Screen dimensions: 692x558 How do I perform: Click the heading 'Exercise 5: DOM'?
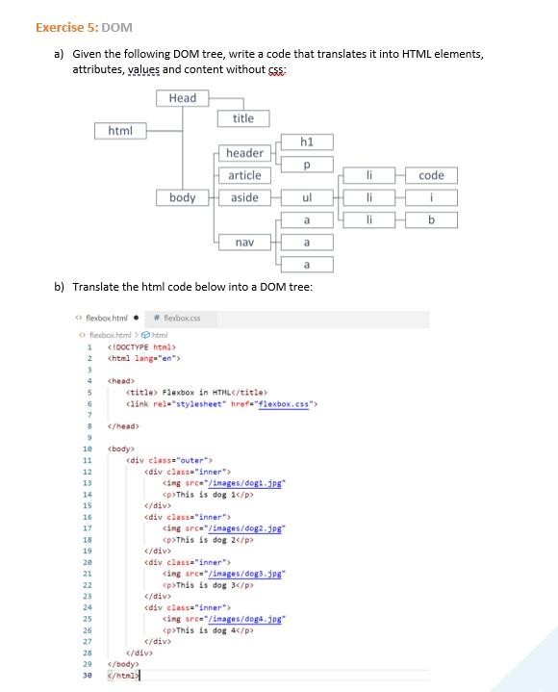point(84,27)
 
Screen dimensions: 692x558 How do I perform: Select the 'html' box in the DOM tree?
point(120,130)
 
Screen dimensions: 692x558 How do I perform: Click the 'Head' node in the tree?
point(182,98)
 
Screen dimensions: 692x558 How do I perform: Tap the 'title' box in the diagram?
point(243,118)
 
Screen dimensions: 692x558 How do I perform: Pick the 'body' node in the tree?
point(182,197)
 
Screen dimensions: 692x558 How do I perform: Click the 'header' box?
point(244,153)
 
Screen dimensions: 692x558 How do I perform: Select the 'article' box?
point(244,175)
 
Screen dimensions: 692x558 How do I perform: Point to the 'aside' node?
point(244,197)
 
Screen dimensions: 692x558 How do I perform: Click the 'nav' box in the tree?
point(244,243)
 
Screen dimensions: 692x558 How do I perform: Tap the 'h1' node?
point(307,142)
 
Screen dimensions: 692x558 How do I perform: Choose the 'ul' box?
point(307,197)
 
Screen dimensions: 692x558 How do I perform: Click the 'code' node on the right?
point(431,175)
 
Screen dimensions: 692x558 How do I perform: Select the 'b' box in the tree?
point(431,219)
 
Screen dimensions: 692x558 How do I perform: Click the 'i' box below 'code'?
point(431,197)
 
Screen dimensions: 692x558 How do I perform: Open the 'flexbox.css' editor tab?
point(179,318)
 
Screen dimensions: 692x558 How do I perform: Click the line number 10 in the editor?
point(88,449)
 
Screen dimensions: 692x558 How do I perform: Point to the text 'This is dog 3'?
point(208,585)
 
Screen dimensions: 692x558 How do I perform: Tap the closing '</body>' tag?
point(123,664)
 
